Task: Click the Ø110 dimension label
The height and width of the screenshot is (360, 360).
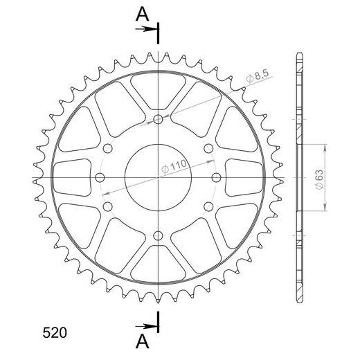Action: pos(174,166)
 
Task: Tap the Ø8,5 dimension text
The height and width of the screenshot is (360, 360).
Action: pos(258,76)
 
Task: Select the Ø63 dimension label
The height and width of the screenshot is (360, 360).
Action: pos(320,179)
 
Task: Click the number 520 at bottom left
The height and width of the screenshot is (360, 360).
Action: pos(55,332)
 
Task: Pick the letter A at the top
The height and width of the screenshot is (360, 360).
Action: pos(143,15)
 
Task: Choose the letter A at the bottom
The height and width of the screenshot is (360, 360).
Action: pos(143,341)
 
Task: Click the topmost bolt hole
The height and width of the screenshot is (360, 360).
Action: pos(158,119)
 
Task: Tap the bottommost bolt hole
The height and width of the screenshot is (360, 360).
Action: pos(158,236)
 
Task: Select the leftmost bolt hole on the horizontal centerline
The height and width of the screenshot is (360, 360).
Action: pos(100,178)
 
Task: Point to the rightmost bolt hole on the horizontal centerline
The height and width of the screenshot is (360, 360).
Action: pos(216,178)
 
